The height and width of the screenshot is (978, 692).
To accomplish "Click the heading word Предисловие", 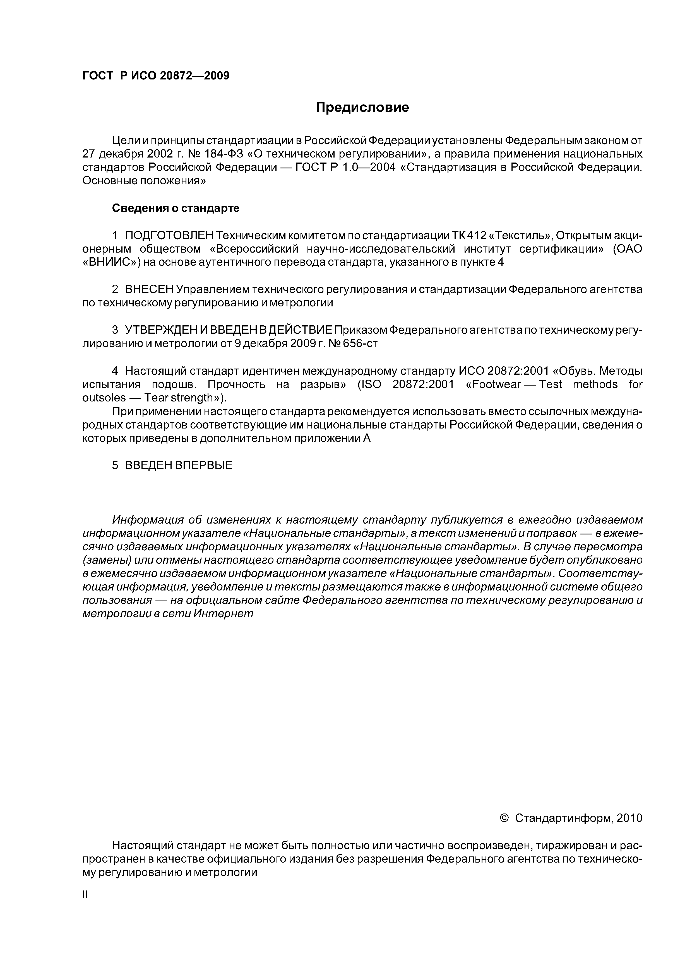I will (x=362, y=107).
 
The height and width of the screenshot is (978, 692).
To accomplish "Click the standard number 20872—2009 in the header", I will (x=194, y=76).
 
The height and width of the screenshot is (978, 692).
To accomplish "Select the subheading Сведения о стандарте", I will (x=176, y=208).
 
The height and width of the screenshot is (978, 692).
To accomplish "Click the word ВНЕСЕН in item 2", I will (x=149, y=290).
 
